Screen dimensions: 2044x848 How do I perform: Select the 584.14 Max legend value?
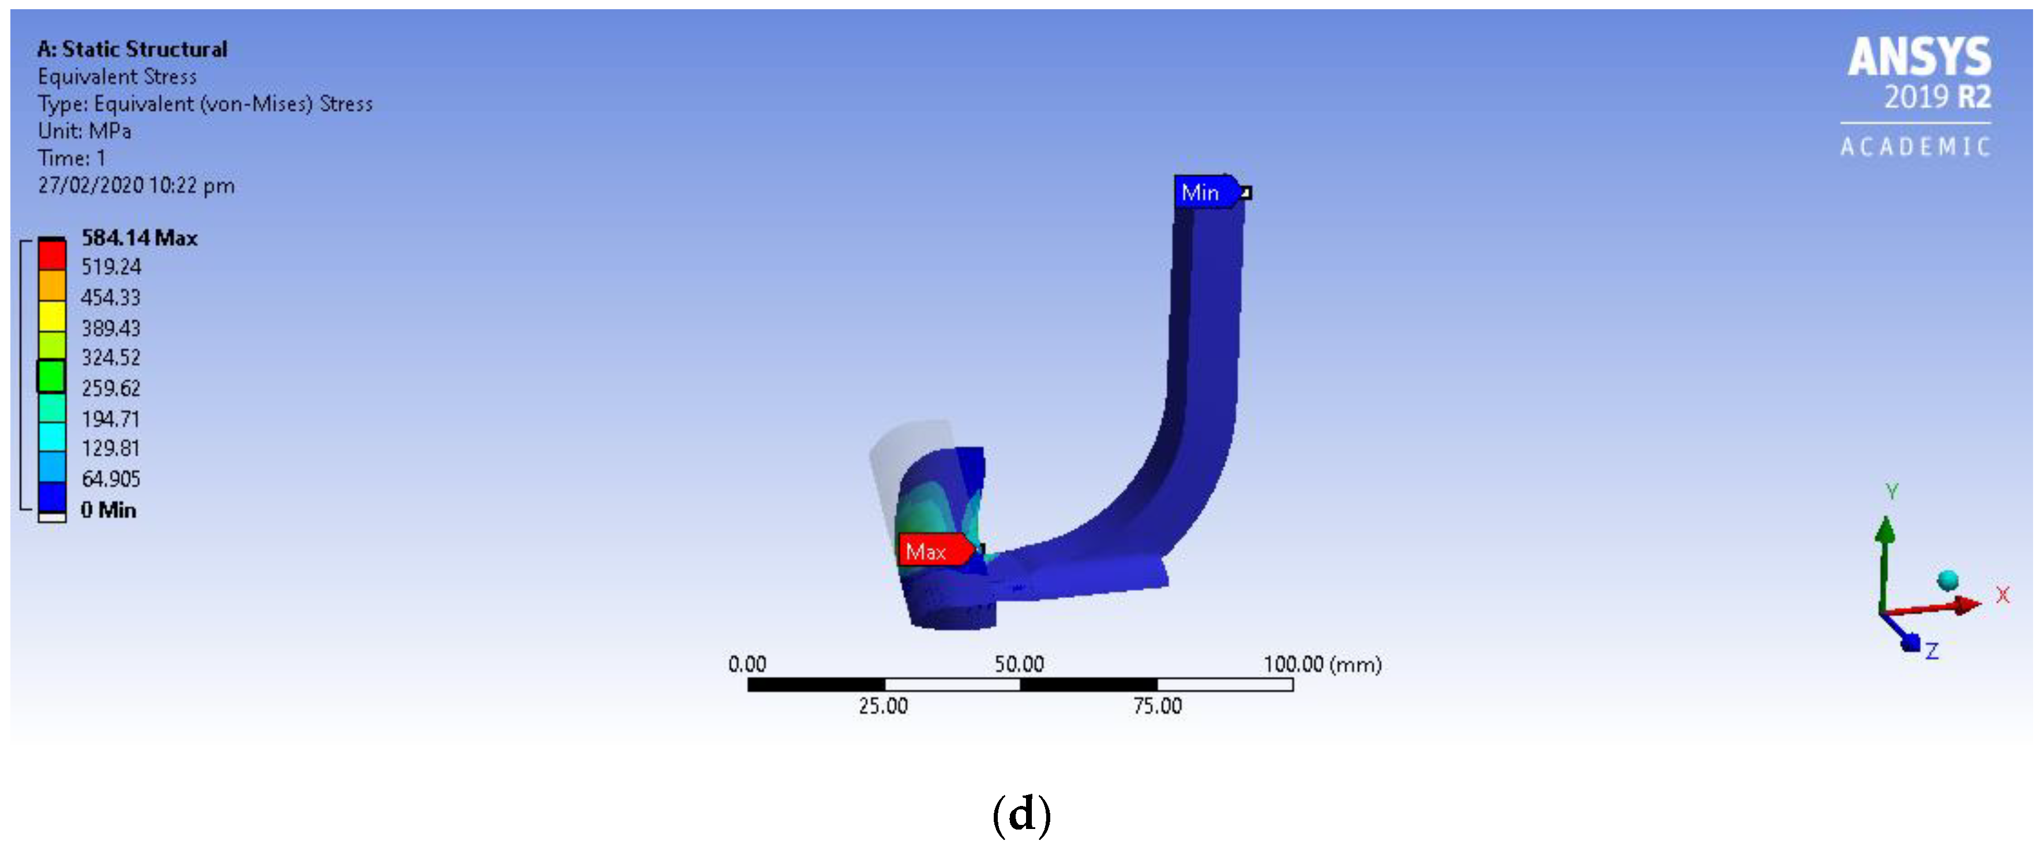click(x=139, y=237)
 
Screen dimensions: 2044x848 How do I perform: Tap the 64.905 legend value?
click(x=110, y=478)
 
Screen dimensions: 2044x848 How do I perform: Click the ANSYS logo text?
click(x=1919, y=56)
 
